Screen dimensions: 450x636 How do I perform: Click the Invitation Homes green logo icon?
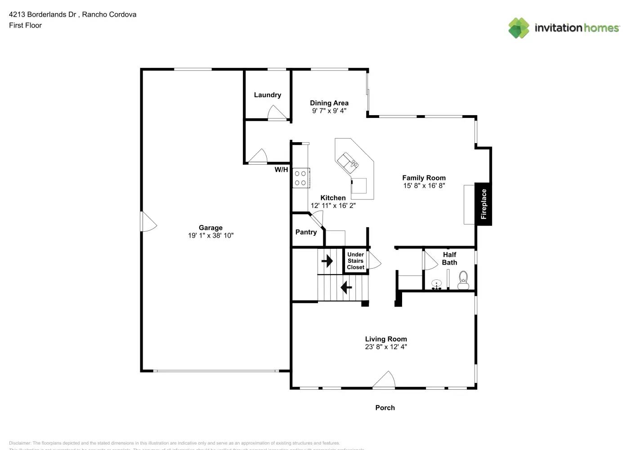[x=519, y=28]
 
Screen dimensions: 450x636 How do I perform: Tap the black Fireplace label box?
[x=484, y=204]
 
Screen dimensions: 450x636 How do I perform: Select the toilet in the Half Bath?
[x=463, y=280]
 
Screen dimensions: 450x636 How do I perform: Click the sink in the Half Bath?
[x=436, y=285]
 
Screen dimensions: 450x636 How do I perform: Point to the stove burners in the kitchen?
[x=300, y=178]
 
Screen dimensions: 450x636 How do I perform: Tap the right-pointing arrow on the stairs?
[x=327, y=261]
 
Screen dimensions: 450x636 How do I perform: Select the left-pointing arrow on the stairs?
[x=346, y=287]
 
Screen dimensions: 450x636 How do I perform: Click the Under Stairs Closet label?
[x=355, y=261]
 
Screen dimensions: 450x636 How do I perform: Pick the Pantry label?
[x=306, y=232]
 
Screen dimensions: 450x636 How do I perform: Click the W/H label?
[x=281, y=170]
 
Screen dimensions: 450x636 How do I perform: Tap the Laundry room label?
[x=267, y=95]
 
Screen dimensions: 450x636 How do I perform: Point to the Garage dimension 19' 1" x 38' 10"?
[x=211, y=235]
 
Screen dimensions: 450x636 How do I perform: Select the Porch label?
[x=385, y=408]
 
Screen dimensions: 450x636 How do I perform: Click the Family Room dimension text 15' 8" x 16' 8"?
[x=424, y=185]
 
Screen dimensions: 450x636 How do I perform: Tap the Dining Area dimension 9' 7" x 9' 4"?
[x=329, y=111]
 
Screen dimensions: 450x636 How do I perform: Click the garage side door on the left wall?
[x=148, y=221]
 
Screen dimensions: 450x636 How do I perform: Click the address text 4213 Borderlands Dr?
[x=43, y=14]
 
